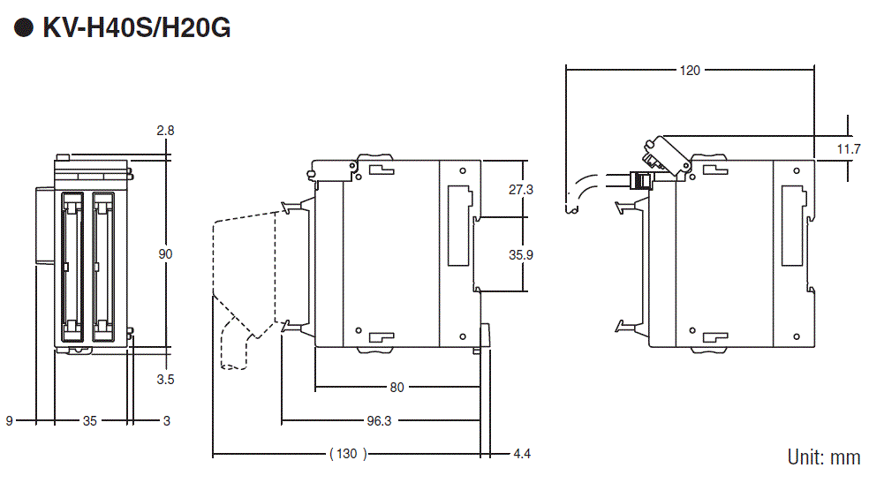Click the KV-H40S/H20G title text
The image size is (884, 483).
coord(136,28)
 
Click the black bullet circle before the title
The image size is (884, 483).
coord(24,28)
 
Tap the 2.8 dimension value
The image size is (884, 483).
coord(165,131)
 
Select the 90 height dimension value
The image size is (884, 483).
coord(165,254)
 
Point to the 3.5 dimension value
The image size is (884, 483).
coord(165,380)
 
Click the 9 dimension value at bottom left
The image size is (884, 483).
coord(10,421)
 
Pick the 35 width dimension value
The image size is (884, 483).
coord(90,421)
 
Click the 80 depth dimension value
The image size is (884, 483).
coord(397,387)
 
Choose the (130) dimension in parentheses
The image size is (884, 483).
coord(347,455)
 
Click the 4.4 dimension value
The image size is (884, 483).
coord(522,455)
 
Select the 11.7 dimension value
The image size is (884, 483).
coord(849,149)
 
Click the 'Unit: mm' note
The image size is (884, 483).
coord(823,457)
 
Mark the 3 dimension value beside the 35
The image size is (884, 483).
coord(166,421)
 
